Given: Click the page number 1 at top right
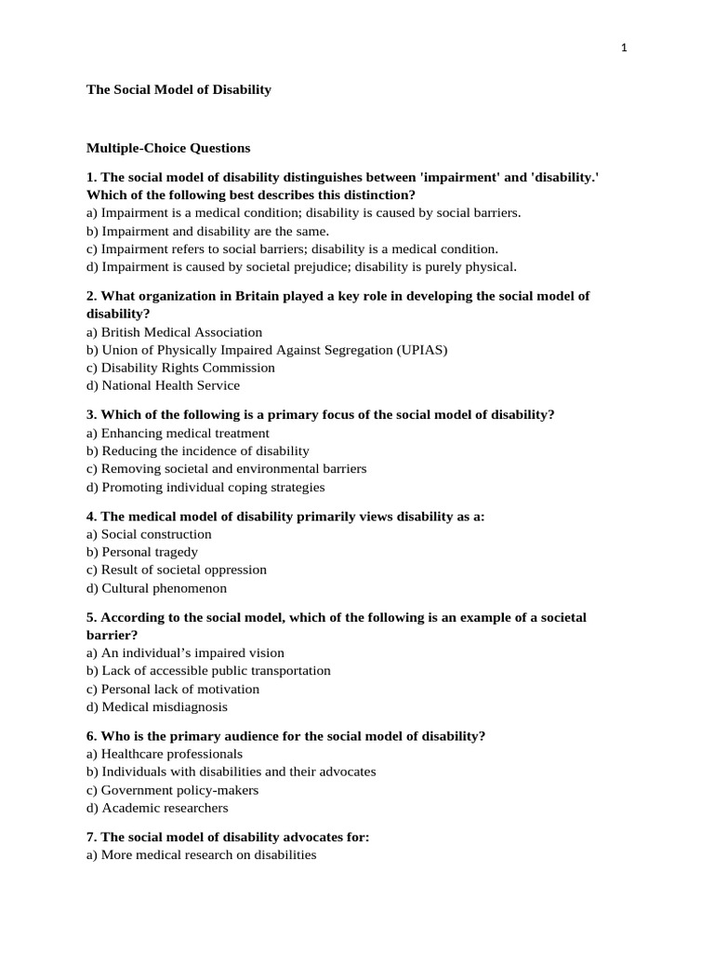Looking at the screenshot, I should (625, 49).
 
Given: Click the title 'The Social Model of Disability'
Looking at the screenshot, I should (178, 90).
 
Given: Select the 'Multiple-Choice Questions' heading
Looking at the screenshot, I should (168, 148).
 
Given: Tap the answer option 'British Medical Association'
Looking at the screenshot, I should (174, 332).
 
